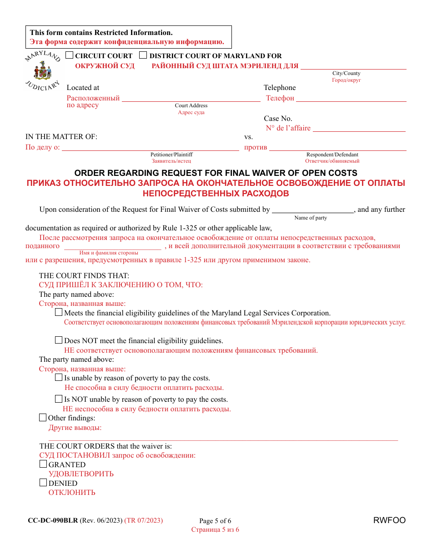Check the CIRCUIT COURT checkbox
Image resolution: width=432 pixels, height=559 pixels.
[70, 55]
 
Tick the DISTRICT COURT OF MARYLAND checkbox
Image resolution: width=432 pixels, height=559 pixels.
[143, 55]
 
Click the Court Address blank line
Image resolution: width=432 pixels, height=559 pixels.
[191, 100]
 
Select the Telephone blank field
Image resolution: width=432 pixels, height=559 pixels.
[351, 100]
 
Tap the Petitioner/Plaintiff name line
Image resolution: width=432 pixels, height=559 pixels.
[150, 149]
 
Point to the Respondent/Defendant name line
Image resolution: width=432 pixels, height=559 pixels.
[337, 149]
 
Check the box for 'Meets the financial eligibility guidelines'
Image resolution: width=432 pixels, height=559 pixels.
[59, 313]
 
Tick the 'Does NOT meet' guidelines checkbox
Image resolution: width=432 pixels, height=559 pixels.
[59, 340]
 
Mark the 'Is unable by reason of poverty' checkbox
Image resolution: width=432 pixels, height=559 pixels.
[59, 377]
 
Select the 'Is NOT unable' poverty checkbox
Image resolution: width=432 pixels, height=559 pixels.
[59, 399]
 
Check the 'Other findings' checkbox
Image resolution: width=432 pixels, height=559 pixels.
[43, 418]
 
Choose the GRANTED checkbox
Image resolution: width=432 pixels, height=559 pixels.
[43, 464]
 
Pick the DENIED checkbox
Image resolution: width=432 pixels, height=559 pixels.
[43, 483]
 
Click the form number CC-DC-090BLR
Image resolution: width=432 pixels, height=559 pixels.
[53, 520]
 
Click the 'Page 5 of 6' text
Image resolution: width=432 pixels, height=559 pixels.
[215, 521]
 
